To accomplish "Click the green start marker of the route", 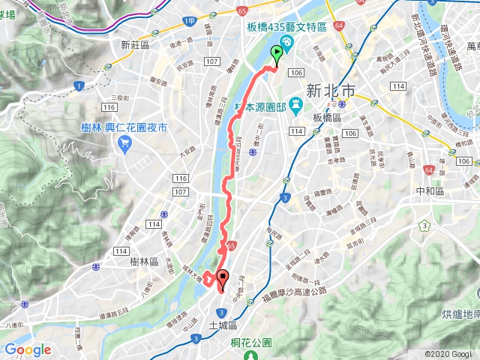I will tap(277, 55).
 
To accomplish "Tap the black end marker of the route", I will tap(222, 279).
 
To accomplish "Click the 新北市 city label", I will tap(331, 91).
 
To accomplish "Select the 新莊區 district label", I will tap(136, 45).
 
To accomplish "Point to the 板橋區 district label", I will tap(327, 118).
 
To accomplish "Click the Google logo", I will tap(28, 349).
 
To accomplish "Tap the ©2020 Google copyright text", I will tap(448, 354).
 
